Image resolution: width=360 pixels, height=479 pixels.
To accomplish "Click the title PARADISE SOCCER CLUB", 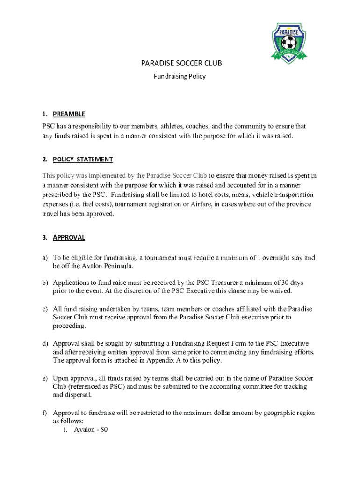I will [181, 63].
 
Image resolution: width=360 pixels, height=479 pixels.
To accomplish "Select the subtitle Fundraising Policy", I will [180, 76].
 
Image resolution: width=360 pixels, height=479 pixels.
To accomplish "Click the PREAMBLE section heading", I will [69, 114].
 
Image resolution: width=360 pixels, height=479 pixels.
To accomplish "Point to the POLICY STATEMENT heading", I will [83, 159].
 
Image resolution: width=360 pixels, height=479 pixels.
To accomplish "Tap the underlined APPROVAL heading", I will [69, 237].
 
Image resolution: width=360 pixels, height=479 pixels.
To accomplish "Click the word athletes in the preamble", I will [172, 126].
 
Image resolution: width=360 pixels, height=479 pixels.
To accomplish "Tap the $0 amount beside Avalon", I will [104, 430].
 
